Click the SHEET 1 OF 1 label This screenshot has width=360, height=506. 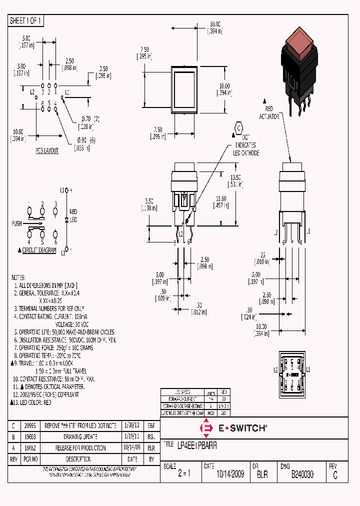click(x=26, y=20)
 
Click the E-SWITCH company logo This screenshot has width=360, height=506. click(x=233, y=428)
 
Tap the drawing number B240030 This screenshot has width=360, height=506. click(x=302, y=474)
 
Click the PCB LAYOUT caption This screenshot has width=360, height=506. click(x=47, y=150)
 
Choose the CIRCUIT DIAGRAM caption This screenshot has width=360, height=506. click(x=39, y=250)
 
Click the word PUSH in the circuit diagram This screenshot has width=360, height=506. click(x=16, y=223)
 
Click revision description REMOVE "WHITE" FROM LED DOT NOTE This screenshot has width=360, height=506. click(x=80, y=425)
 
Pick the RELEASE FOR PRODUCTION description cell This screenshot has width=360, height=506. click(x=80, y=448)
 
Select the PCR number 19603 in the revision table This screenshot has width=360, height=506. click(x=30, y=436)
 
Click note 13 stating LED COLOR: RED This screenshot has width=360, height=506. click(x=33, y=402)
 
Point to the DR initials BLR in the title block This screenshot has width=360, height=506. click(x=262, y=474)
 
